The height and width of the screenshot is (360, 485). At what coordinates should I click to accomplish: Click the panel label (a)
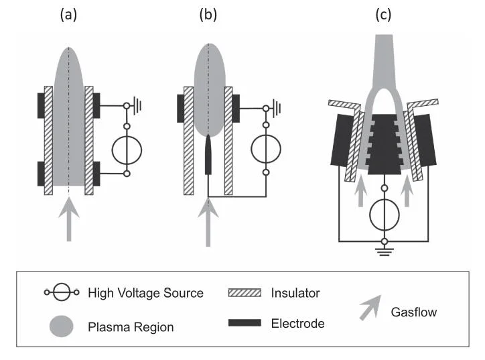click(68, 15)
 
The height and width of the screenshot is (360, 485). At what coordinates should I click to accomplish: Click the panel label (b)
click(208, 15)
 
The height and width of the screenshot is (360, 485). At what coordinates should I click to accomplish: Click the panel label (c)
click(383, 15)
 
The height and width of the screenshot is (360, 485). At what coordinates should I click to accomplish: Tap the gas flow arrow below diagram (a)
click(69, 219)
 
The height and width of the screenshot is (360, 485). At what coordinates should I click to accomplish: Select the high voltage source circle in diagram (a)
click(127, 150)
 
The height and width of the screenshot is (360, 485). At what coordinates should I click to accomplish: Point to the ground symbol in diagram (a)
click(137, 106)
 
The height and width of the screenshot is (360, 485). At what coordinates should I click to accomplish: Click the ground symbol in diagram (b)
click(277, 108)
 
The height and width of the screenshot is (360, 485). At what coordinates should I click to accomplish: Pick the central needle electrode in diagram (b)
click(208, 155)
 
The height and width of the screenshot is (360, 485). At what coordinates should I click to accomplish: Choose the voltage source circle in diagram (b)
click(266, 149)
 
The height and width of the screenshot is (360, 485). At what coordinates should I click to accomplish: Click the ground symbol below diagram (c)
click(385, 251)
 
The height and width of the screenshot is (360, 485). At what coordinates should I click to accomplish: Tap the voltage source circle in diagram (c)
click(385, 215)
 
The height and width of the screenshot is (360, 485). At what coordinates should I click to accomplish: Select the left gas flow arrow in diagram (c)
click(360, 190)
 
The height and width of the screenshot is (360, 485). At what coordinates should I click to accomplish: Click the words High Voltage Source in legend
click(145, 293)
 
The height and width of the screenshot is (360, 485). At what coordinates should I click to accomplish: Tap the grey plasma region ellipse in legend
click(61, 326)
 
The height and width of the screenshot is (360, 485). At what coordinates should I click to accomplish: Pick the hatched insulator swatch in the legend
click(245, 293)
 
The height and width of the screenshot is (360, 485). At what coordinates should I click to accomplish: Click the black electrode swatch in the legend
click(245, 323)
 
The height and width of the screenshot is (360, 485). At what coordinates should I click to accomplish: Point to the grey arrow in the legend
click(370, 308)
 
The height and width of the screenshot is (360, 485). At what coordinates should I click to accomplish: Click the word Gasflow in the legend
click(414, 312)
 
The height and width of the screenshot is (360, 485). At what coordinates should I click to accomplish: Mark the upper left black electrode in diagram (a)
click(41, 105)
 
